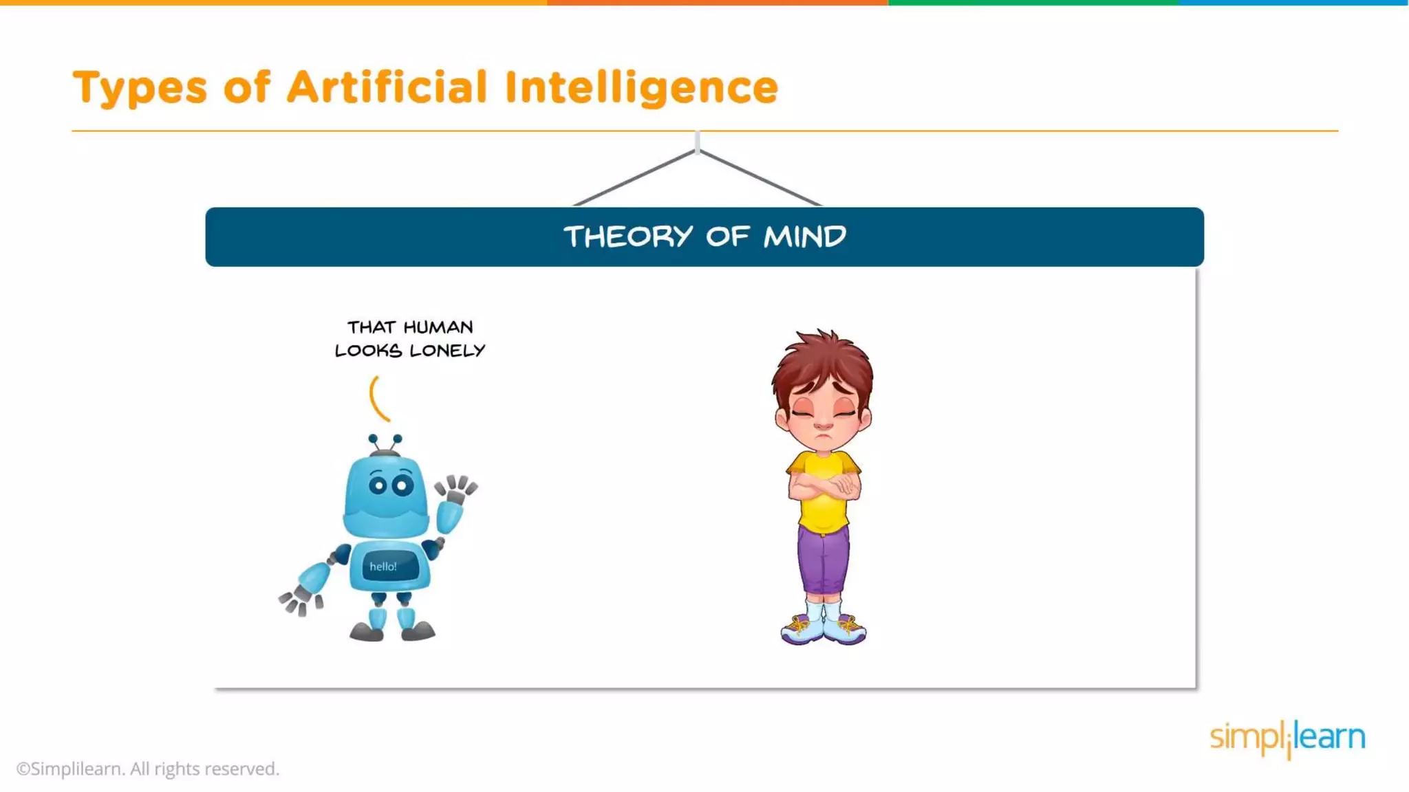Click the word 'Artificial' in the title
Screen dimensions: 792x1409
pos(387,88)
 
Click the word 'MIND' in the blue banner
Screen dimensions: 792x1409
pos(804,237)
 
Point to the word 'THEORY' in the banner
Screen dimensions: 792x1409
pos(628,237)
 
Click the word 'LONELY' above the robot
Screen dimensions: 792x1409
pos(447,351)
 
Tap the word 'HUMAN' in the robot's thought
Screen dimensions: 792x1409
pos(438,327)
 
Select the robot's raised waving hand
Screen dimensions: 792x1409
pos(456,489)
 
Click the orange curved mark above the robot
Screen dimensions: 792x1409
pos(378,398)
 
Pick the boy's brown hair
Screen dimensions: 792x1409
pos(822,361)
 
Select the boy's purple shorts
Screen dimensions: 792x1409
pos(824,560)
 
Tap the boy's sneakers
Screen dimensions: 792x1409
pos(824,628)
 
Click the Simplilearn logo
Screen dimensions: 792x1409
pos(1287,738)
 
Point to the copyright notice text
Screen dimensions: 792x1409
pos(148,769)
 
